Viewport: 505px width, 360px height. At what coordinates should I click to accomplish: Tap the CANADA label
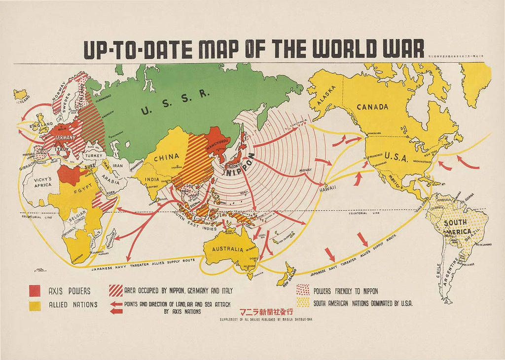pyautogui.click(x=372, y=107)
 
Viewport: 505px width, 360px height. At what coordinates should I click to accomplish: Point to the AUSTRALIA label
pyautogui.click(x=228, y=249)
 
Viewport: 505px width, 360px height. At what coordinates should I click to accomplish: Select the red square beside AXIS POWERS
pyautogui.click(x=35, y=291)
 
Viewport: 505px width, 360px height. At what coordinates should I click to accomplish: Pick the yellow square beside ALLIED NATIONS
pyautogui.click(x=35, y=305)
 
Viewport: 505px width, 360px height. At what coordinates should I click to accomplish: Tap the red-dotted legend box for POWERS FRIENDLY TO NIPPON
pyautogui.click(x=303, y=290)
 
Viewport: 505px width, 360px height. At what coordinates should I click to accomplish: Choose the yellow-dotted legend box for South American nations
pyautogui.click(x=303, y=302)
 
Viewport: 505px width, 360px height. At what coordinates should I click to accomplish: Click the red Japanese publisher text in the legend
pyautogui.click(x=266, y=312)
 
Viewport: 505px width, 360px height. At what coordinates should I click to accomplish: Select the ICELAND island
pyautogui.click(x=20, y=93)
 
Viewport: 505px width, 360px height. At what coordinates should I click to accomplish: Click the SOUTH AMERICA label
pyautogui.click(x=455, y=226)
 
